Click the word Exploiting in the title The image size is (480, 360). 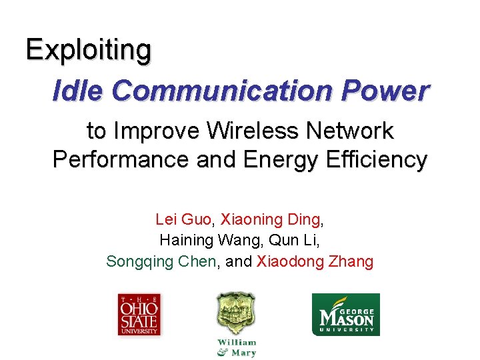click(x=89, y=50)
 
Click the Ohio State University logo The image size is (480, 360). click(x=139, y=314)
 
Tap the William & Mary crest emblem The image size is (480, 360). click(x=236, y=313)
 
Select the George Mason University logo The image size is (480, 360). click(x=346, y=314)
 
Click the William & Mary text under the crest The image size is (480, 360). click(x=237, y=348)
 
